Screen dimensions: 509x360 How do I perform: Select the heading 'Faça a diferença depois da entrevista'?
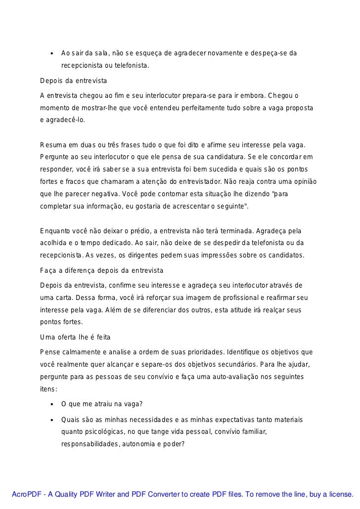[101, 271]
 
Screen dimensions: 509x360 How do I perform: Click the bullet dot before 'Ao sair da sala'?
[51, 53]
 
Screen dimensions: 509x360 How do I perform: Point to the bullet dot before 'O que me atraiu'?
[51, 405]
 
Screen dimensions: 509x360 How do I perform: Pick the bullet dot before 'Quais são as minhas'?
[51, 420]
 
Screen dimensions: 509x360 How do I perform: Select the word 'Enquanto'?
[55, 232]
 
